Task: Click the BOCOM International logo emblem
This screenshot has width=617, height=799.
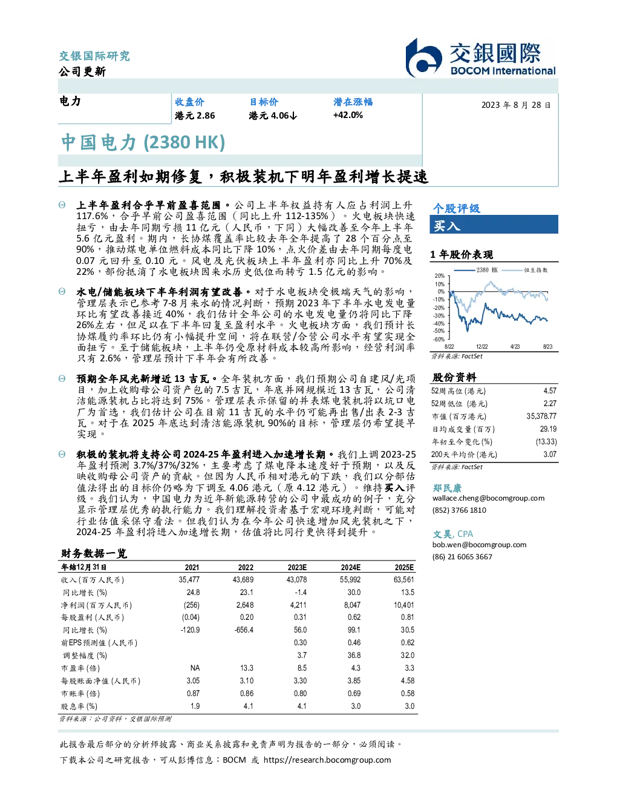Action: tap(423, 58)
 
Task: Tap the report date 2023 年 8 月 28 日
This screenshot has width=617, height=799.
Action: tap(515, 105)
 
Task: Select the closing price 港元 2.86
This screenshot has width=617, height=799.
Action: tap(195, 116)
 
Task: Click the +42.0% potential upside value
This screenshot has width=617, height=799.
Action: tap(348, 115)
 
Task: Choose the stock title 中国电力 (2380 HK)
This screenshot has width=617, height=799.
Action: tap(143, 142)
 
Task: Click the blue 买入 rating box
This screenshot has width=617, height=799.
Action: tap(494, 225)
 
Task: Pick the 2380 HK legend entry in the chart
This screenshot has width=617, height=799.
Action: tap(475, 270)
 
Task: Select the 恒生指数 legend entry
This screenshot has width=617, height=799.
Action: tap(524, 270)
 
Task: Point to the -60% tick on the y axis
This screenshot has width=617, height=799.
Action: tap(439, 340)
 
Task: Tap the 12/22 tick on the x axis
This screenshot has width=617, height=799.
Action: tap(482, 346)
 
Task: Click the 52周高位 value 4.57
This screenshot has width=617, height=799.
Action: tap(550, 390)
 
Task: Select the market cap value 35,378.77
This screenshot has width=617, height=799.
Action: tap(541, 416)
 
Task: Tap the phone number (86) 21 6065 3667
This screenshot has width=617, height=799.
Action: tap(462, 557)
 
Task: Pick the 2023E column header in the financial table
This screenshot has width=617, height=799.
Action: tap(297, 567)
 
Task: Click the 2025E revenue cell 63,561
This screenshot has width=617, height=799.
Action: tap(403, 579)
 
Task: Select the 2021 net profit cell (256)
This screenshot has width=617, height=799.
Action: tap(192, 605)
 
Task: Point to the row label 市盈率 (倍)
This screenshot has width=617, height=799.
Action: tap(80, 668)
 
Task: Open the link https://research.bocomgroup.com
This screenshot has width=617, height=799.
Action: tap(327, 760)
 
